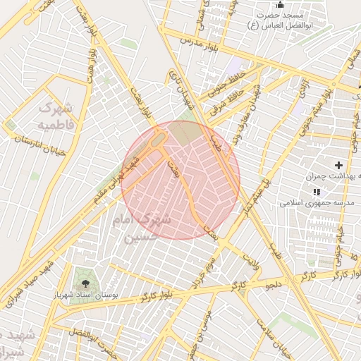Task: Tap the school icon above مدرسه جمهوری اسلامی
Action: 317,191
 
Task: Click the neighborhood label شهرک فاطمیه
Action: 55,117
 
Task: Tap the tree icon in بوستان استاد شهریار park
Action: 85,283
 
